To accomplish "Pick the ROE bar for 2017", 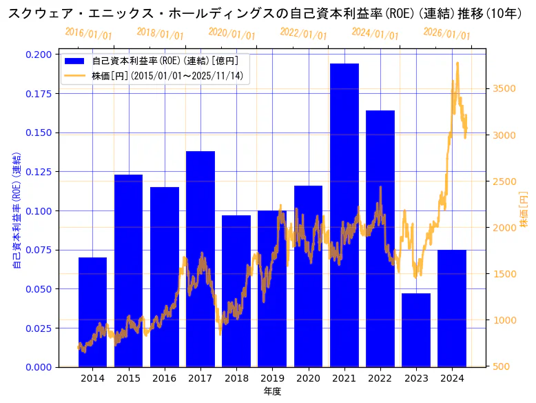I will pyautogui.click(x=200, y=259).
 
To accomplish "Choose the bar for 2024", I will pyautogui.click(x=452, y=308).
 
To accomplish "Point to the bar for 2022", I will pyautogui.click(x=380, y=238).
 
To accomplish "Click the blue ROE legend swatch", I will pyautogui.click(x=75, y=61).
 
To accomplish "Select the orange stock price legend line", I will pyautogui.click(x=75, y=75).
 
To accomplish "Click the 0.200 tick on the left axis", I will pyautogui.click(x=38, y=55).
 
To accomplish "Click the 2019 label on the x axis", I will pyautogui.click(x=272, y=378).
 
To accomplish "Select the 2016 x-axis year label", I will pyautogui.click(x=165, y=378).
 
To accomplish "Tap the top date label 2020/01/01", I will pyautogui.click(x=231, y=35).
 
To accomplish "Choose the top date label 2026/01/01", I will pyautogui.click(x=446, y=33).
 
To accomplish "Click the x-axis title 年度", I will pyautogui.click(x=272, y=392).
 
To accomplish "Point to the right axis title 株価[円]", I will pyautogui.click(x=524, y=210).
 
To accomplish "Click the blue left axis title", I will pyautogui.click(x=18, y=210).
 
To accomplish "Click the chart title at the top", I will pyautogui.click(x=268, y=13).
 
